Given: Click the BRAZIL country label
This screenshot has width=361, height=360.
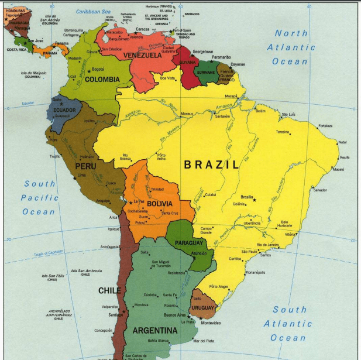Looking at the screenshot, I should [x=212, y=165].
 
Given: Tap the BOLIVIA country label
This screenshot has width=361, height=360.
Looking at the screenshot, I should [x=160, y=204].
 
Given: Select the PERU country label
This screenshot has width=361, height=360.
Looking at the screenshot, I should [x=85, y=166].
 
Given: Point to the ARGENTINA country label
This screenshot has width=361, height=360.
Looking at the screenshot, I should [x=154, y=331].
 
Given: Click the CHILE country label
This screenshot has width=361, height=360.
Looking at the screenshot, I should [x=109, y=290].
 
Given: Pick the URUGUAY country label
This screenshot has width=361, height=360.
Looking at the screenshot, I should [x=203, y=308].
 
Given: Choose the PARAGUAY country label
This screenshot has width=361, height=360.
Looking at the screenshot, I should [x=188, y=243].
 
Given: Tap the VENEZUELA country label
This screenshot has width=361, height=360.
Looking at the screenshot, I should [x=142, y=56].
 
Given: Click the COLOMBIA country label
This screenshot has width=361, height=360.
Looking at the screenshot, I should [x=102, y=80].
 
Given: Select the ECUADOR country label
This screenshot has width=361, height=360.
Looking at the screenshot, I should [x=64, y=110].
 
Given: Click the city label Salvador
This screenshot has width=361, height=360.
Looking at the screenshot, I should [x=320, y=190].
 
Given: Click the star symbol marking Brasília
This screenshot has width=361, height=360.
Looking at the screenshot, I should [x=254, y=200].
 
